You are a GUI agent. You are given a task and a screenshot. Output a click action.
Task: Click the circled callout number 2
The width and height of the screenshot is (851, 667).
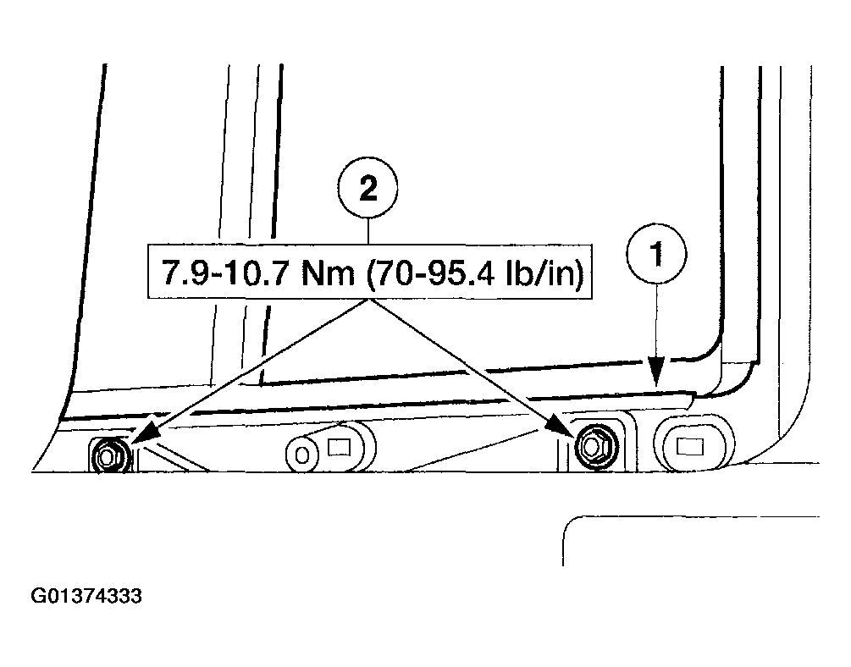pyautogui.click(x=367, y=188)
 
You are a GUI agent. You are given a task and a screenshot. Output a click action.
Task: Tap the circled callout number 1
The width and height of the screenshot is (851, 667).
pyautogui.click(x=657, y=254)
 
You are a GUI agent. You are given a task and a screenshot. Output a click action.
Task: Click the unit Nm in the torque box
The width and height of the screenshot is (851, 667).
pyautogui.click(x=328, y=273)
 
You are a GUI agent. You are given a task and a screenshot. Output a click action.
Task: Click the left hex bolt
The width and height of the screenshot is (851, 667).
pyautogui.click(x=109, y=455)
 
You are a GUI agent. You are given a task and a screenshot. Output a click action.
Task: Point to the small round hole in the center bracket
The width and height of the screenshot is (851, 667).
pyautogui.click(x=302, y=455)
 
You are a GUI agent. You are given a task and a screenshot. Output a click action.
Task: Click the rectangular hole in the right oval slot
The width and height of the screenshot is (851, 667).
pyautogui.click(x=690, y=447)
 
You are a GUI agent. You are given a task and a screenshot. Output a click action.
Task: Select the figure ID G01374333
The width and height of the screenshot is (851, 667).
pyautogui.click(x=87, y=596)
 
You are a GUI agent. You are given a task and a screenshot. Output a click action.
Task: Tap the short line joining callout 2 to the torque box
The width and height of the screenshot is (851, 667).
pyautogui.click(x=368, y=231)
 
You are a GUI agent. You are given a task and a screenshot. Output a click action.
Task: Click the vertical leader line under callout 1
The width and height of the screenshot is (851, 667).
pyautogui.click(x=657, y=320)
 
